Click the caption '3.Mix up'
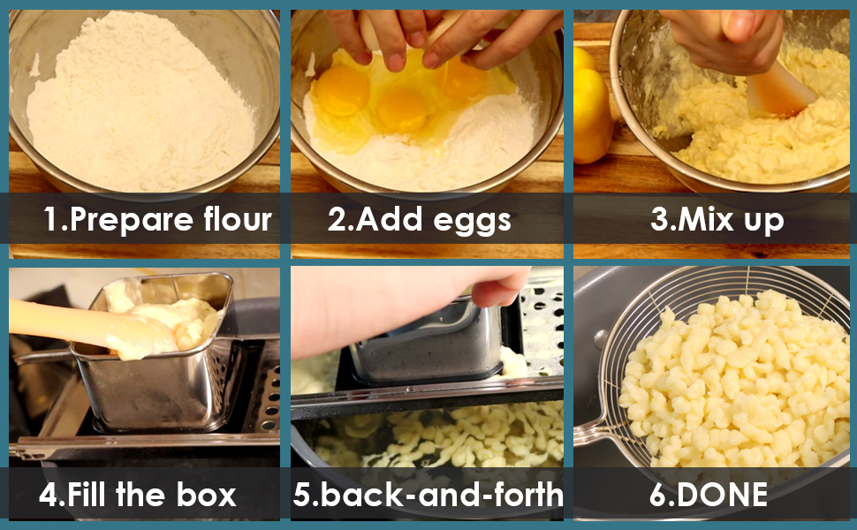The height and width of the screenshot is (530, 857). (717, 220)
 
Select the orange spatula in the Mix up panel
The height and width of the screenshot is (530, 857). (782, 91)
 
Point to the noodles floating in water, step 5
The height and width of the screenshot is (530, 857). (442, 437)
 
